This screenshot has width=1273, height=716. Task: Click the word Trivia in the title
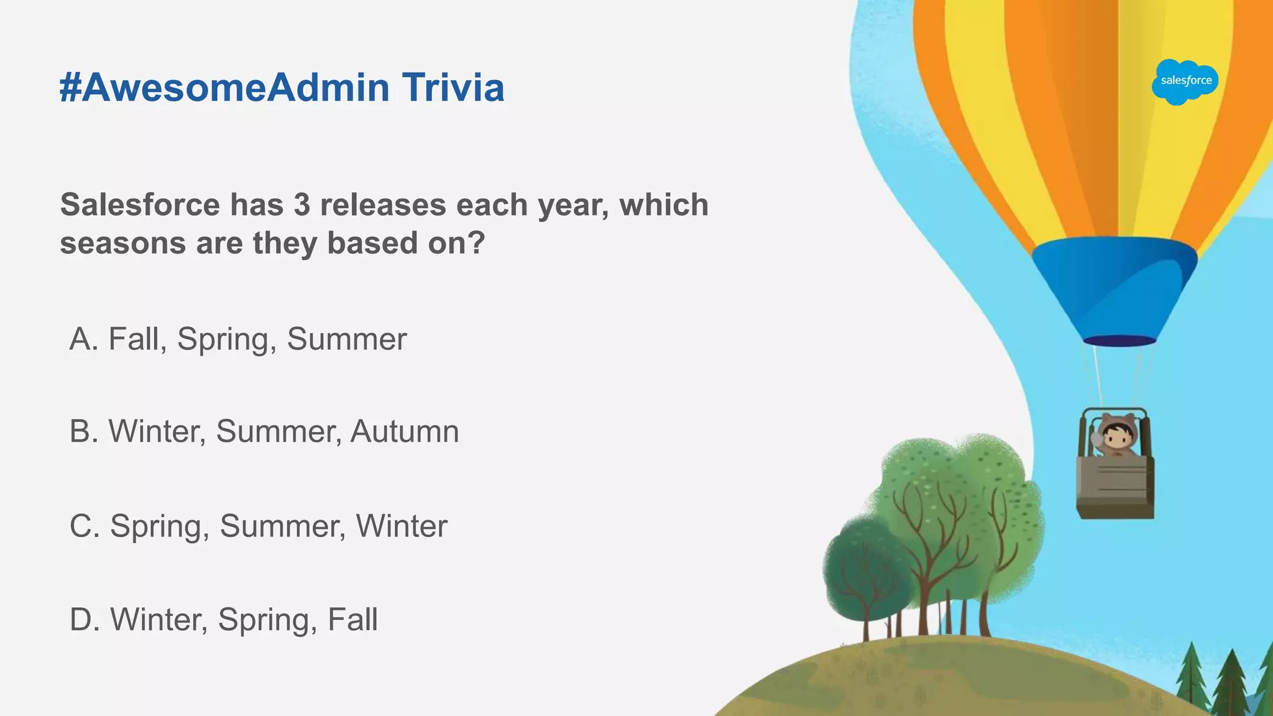(x=453, y=87)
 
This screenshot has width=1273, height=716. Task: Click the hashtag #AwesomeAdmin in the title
(x=224, y=87)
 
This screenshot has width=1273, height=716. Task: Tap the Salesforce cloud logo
(x=1185, y=81)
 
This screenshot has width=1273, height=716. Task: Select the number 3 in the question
(x=302, y=204)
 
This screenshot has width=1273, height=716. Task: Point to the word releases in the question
(x=383, y=204)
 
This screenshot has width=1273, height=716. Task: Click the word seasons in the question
(x=122, y=243)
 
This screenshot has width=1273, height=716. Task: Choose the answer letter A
(x=82, y=339)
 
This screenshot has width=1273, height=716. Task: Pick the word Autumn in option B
(x=405, y=431)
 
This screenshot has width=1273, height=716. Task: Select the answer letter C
(x=83, y=526)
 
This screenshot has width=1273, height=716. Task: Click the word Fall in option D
(x=352, y=620)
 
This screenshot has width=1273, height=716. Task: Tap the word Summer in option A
(x=346, y=339)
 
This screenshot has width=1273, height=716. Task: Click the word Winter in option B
(x=157, y=431)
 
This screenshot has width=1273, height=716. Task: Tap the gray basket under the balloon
(x=1115, y=489)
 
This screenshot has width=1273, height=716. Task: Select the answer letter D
(x=83, y=620)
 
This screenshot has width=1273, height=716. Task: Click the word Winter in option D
(x=159, y=620)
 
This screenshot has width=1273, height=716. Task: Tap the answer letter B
(x=83, y=431)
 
